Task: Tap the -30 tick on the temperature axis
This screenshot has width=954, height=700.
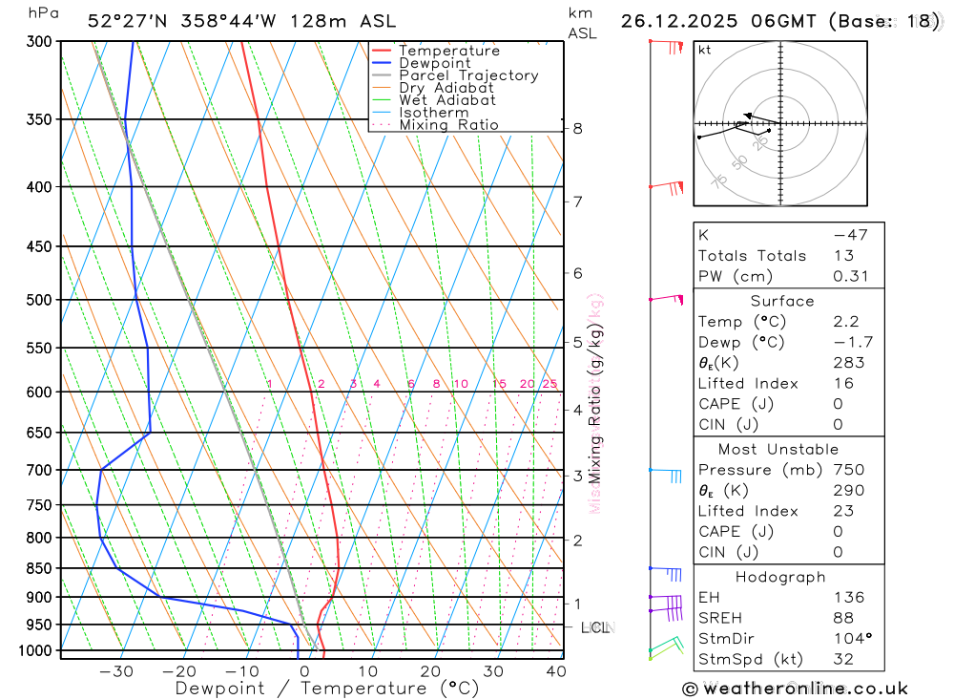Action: pyautogui.click(x=116, y=671)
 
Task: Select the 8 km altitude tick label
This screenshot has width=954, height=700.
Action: pyautogui.click(x=578, y=128)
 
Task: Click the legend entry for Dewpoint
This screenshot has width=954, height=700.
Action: pyautogui.click(x=434, y=63)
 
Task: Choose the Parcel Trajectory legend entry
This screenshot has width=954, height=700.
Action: pyautogui.click(x=468, y=75)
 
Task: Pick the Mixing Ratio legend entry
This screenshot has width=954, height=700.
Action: pyautogui.click(x=448, y=125)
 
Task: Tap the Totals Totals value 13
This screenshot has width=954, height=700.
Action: pyautogui.click(x=841, y=255)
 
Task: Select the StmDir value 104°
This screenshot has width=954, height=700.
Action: pyautogui.click(x=851, y=639)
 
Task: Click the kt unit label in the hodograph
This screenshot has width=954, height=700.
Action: pyautogui.click(x=704, y=50)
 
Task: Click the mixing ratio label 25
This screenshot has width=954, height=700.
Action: pyautogui.click(x=550, y=384)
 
